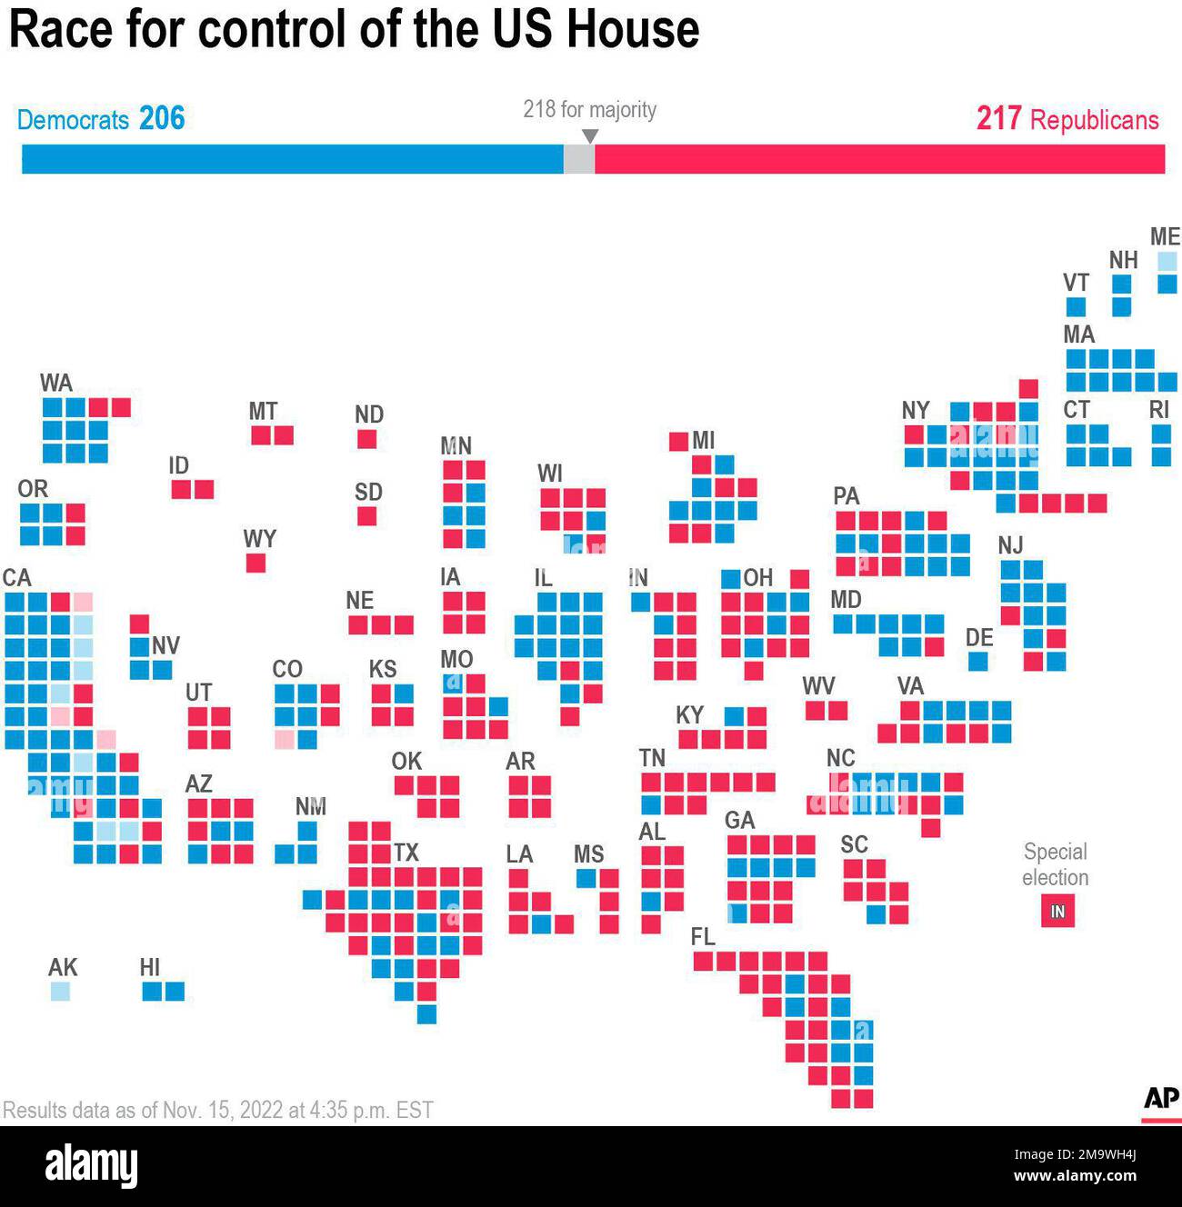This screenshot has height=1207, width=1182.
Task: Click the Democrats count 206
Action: coord(162,118)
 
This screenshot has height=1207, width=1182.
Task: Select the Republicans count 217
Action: coord(998,118)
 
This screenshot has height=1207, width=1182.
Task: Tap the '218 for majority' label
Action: coord(589,109)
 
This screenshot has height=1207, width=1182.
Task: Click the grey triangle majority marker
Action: coord(590,136)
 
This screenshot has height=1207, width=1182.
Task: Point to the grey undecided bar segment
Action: coord(579,159)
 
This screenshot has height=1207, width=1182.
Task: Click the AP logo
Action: coord(1161,1100)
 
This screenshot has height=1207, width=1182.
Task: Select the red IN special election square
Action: coord(1057,911)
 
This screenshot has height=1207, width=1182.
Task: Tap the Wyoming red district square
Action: coord(255,563)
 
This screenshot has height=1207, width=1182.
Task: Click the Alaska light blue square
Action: coord(60,991)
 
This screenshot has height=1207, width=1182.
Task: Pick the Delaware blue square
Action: coord(977,661)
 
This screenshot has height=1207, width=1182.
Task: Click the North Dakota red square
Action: coord(366,439)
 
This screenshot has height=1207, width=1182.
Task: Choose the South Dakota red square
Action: coord(366,516)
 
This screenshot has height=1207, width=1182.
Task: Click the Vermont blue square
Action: coord(1076,306)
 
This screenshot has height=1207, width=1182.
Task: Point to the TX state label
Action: coord(406,853)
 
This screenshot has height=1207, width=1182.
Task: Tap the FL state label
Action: coord(703,936)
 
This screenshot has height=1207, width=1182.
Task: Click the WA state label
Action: coord(55,383)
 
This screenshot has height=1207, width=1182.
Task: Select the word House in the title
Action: coord(633,29)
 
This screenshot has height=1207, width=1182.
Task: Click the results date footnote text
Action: coord(218,1110)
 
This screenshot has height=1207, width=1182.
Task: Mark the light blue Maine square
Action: coord(1167,262)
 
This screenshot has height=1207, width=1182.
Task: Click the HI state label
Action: coord(150,967)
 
